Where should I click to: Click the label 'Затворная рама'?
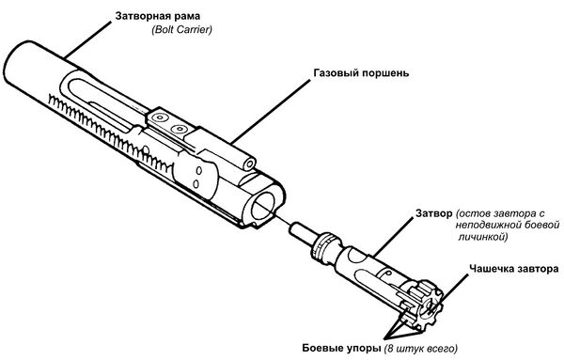coord(158,17)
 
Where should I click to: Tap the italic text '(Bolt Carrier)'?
coord(181,30)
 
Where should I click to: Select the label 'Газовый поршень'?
coord(361,73)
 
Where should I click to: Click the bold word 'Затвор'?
coord(434,213)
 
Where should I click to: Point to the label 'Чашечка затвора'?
coord(513,269)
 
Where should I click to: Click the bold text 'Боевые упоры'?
coord(341,348)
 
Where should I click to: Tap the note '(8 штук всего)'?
coord(421,349)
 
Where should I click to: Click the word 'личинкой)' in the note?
coord(483,237)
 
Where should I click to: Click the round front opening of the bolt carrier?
coord(263,207)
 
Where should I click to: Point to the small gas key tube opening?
coord(249,164)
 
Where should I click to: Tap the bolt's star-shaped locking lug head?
coord(427,305)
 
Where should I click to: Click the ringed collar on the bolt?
coord(324,246)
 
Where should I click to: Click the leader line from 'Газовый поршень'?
coord(270,111)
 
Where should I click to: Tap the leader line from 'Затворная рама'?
coord(87,39)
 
